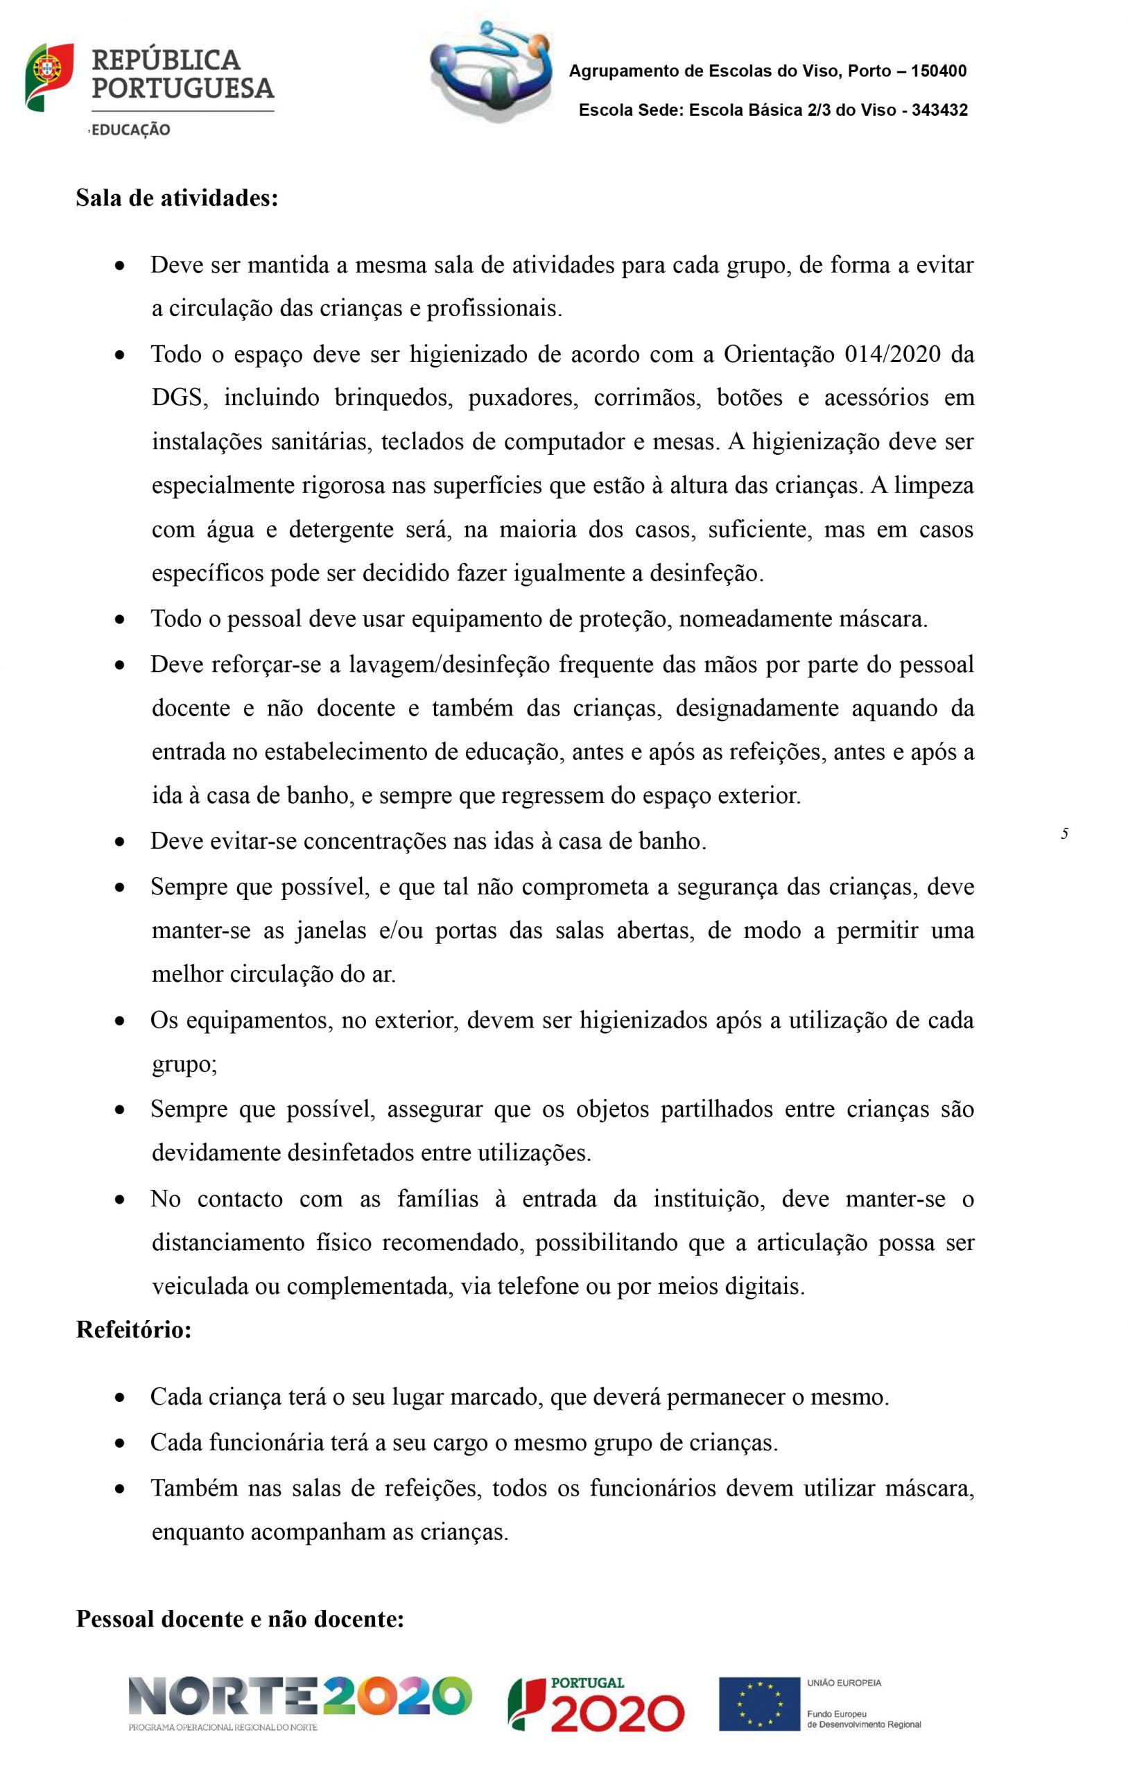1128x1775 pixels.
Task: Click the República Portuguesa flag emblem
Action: pyautogui.click(x=49, y=77)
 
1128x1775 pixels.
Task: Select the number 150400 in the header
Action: pyautogui.click(x=939, y=71)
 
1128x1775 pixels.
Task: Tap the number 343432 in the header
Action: pyautogui.click(x=939, y=110)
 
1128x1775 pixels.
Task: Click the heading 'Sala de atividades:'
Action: pyautogui.click(x=177, y=198)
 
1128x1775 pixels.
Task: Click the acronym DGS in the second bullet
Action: pyautogui.click(x=176, y=398)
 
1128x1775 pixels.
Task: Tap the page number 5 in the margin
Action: pyautogui.click(x=1064, y=834)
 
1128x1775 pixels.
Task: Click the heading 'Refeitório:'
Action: pyautogui.click(x=133, y=1331)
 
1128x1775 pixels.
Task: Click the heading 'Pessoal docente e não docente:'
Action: pyautogui.click(x=241, y=1620)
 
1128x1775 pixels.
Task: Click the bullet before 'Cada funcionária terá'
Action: pyautogui.click(x=119, y=1444)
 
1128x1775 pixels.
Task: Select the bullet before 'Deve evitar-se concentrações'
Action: pyautogui.click(x=119, y=842)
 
